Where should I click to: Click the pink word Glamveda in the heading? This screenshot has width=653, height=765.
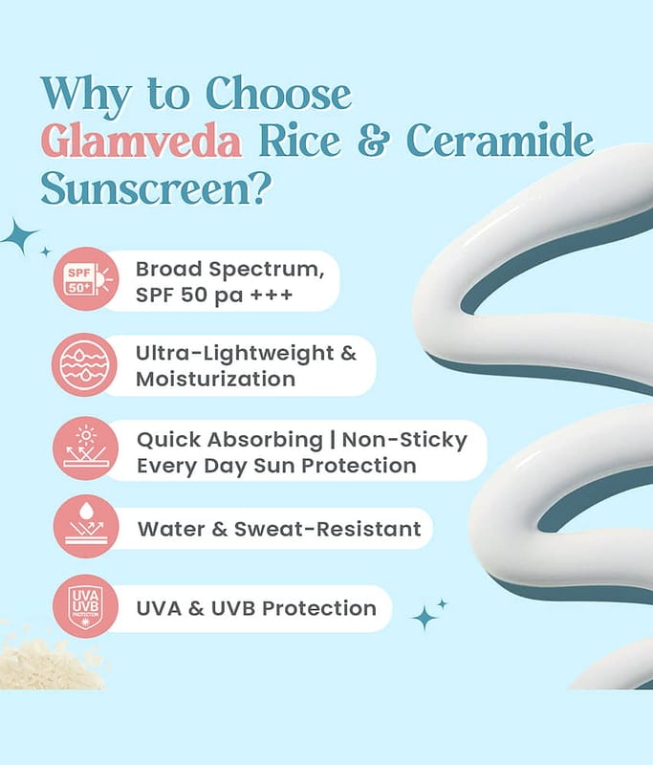pyautogui.click(x=141, y=141)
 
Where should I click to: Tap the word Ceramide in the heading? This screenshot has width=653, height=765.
pyautogui.click(x=500, y=141)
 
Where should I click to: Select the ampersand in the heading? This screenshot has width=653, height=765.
pyautogui.click(x=374, y=142)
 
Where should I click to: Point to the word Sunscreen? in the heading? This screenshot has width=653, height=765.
pyautogui.click(x=156, y=187)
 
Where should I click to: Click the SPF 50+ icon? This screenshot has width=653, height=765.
pyautogui.click(x=86, y=279)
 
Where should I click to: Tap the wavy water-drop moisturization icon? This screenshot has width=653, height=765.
pyautogui.click(x=84, y=364)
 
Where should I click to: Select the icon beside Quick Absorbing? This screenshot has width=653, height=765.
pyautogui.click(x=86, y=448)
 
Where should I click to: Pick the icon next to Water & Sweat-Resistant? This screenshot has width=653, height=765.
pyautogui.click(x=86, y=527)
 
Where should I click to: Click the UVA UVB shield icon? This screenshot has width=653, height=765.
pyautogui.click(x=85, y=606)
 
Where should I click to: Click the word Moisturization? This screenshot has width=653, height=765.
pyautogui.click(x=215, y=379)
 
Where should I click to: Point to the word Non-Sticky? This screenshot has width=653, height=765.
pyautogui.click(x=404, y=440)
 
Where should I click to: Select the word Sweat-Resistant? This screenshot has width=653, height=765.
pyautogui.click(x=327, y=529)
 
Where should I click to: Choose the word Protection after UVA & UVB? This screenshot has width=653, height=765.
pyautogui.click(x=319, y=608)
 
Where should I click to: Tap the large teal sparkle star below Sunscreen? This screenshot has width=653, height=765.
pyautogui.click(x=19, y=236)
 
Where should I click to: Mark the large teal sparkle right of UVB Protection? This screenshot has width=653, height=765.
pyautogui.click(x=424, y=618)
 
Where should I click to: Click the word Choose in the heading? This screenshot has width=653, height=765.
pyautogui.click(x=278, y=93)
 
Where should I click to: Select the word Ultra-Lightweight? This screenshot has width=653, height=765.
pyautogui.click(x=234, y=354)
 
